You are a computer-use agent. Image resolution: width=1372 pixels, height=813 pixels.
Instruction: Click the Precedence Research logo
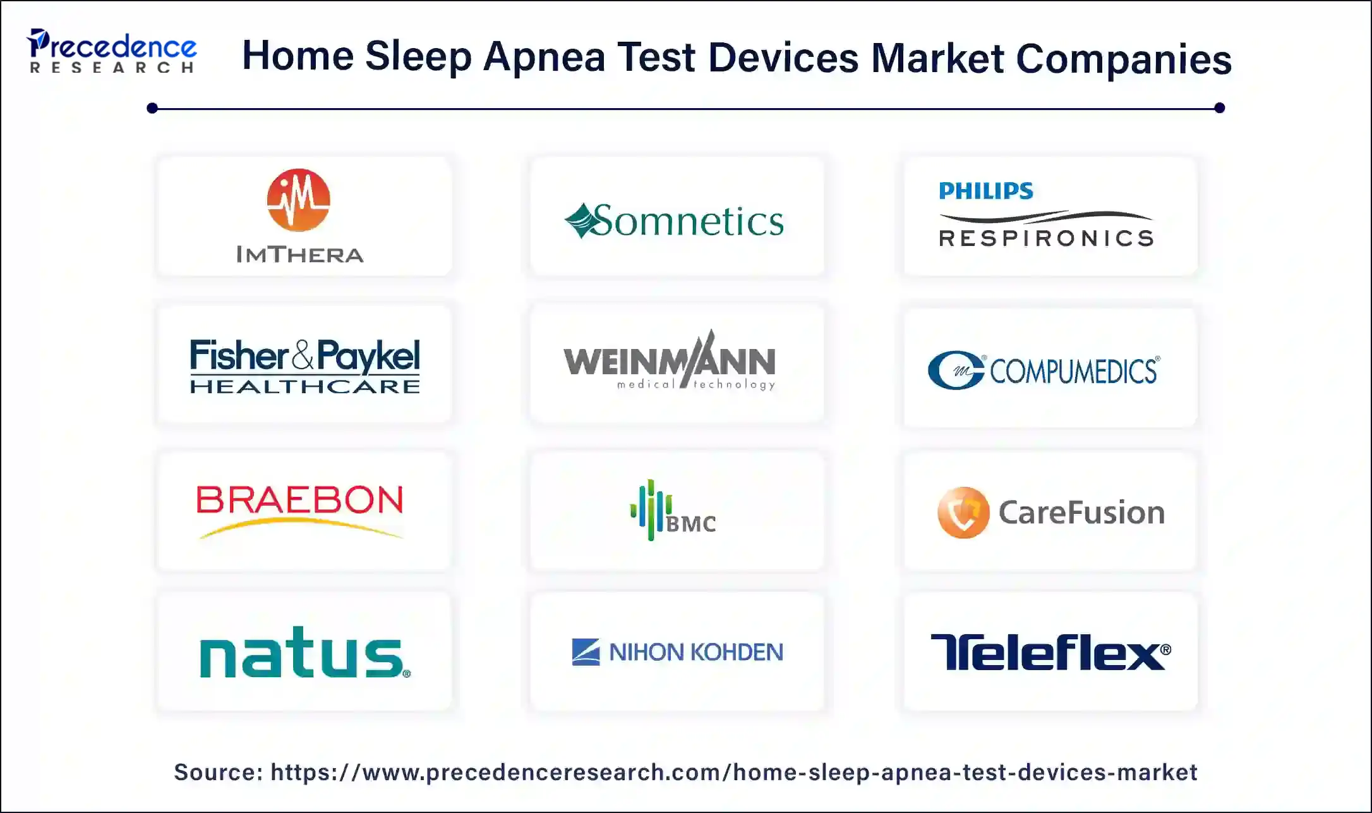coord(111,51)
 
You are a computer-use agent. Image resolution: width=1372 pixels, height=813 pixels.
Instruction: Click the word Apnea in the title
coord(544,57)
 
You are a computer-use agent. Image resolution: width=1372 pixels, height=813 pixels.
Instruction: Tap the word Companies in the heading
coord(1123,59)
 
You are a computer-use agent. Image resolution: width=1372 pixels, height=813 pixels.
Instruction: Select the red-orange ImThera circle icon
coord(298,200)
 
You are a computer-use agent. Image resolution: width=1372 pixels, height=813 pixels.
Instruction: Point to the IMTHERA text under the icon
coord(300,255)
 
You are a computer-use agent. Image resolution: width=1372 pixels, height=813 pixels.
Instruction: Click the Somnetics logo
coord(674,221)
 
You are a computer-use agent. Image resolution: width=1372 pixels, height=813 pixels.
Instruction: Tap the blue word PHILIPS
coord(985,191)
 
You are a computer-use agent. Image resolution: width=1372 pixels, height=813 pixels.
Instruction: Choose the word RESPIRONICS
coord(1046,238)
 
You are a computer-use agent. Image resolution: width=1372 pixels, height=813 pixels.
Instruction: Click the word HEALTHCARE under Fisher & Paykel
coord(305,386)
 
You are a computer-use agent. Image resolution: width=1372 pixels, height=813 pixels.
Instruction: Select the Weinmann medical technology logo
coord(670,361)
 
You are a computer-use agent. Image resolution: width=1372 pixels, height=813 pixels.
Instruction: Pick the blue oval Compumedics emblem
coord(956,370)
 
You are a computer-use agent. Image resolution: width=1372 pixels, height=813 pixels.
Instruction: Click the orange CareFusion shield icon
coord(963,512)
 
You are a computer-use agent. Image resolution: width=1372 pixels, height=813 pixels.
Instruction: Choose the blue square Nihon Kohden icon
coord(586,652)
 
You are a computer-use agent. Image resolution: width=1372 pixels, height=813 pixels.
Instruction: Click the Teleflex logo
coord(1050,652)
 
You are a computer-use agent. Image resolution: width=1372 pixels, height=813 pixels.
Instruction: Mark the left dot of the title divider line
coord(152,108)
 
